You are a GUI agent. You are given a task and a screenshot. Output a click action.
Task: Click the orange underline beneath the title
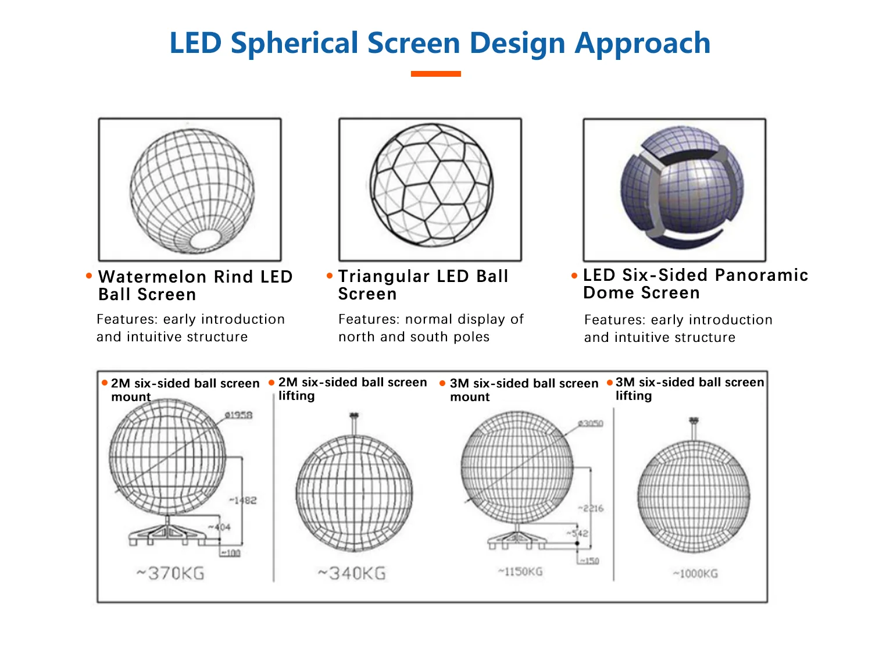point(435,74)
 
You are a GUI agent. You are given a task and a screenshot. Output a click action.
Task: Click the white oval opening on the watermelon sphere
point(205,239)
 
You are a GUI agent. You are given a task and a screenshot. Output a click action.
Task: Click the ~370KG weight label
point(170,574)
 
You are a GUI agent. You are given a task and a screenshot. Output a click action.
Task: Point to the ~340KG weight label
point(352,574)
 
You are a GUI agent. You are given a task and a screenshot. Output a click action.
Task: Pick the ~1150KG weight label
point(520,572)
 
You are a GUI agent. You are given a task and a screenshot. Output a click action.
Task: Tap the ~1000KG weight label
point(695,574)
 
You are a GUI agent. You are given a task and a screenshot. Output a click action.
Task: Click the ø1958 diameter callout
point(239,415)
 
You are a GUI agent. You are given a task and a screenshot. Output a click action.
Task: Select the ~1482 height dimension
point(244,500)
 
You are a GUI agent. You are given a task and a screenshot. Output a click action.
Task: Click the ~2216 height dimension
point(591,508)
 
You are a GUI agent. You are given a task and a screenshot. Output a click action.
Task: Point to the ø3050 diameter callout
point(591,423)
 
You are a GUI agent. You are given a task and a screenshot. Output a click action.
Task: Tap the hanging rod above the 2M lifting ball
point(354,424)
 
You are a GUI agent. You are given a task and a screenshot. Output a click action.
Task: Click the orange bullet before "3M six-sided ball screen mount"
point(442,383)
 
